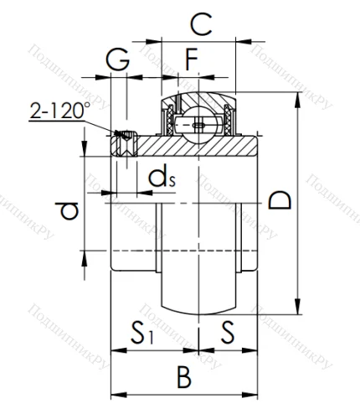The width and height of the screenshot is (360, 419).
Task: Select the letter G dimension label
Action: pyautogui.click(x=118, y=59)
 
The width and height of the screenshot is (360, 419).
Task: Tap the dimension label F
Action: pyautogui.click(x=192, y=59)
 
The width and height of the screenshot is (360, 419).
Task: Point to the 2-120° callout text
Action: pyautogui.click(x=59, y=111)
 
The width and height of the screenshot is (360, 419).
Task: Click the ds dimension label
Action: pyautogui.click(x=161, y=177)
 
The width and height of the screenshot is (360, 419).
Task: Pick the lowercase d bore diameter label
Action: pyautogui.click(x=71, y=209)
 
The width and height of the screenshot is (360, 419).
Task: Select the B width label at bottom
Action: pyautogui.click(x=184, y=377)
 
